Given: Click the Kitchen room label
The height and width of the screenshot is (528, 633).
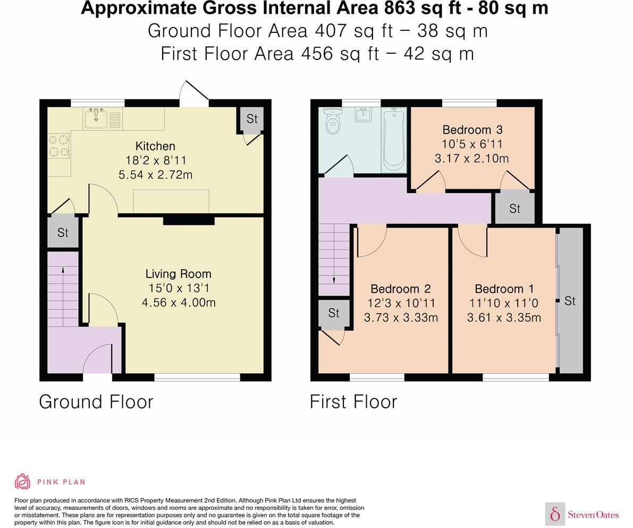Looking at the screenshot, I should tap(155, 146).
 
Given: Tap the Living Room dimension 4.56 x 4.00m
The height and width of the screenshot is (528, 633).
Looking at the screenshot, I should tap(179, 303).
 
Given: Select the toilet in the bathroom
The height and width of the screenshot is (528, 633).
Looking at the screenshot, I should tap(333, 122).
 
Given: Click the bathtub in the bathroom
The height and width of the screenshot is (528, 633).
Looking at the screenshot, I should tap(394, 139).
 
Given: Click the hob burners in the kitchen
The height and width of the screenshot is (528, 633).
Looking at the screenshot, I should tap(59, 146).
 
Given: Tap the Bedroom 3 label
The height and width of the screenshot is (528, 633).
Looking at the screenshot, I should tap(472, 130).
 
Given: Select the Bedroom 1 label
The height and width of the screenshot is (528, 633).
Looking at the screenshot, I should tap(504, 289).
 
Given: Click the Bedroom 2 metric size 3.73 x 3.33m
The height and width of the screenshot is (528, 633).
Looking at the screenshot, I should tap(401, 317).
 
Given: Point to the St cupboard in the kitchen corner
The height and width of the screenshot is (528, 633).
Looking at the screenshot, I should tap(251, 119).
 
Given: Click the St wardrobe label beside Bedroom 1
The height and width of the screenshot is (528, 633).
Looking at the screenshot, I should tap(570, 301).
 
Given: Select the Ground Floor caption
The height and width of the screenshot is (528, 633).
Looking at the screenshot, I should tap(96, 401).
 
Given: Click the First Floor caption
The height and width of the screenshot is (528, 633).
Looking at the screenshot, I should tap(353, 401).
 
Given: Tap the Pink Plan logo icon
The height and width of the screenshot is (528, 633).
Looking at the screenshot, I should tap(22, 481).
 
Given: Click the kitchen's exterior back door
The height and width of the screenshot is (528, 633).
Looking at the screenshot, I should tap(194, 95).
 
